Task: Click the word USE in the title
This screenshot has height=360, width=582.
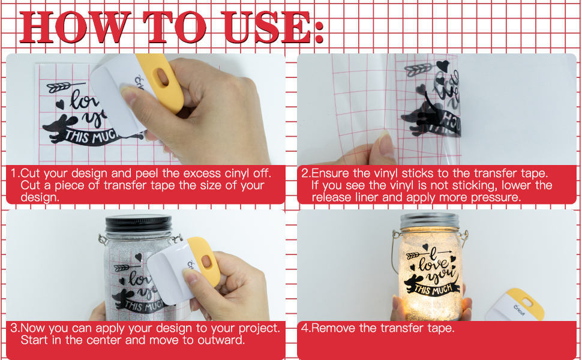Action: point(267,27)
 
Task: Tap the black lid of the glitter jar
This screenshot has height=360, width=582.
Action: point(139,223)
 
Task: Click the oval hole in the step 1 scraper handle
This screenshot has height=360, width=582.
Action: point(163,76)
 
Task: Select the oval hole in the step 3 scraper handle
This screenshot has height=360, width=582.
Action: point(206,261)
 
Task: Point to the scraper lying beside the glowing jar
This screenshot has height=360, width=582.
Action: point(514,305)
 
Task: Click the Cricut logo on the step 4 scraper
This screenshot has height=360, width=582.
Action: point(519,310)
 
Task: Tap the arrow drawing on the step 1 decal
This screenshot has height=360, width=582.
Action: point(62,87)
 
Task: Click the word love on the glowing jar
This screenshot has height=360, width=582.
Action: point(433,263)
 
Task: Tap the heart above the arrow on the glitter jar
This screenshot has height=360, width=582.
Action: point(138,257)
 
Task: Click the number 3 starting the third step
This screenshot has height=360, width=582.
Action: point(14,328)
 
